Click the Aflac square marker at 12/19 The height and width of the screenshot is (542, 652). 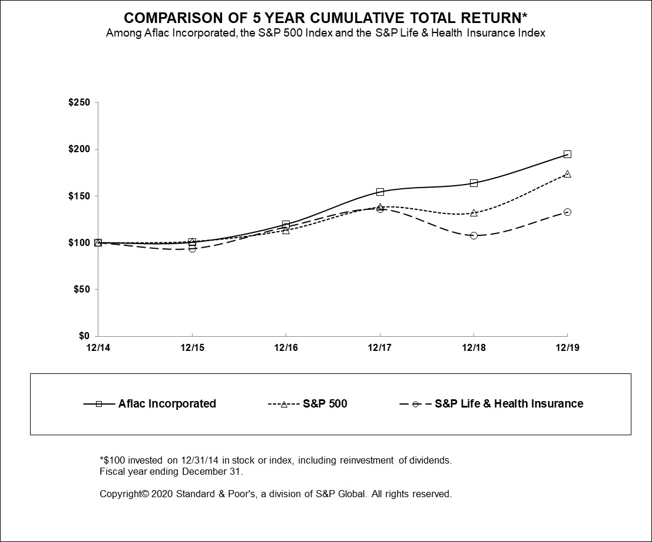pos(567,155)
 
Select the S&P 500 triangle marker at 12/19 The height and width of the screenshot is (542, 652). pos(567,174)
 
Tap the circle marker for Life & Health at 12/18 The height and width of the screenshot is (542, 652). pos(474,235)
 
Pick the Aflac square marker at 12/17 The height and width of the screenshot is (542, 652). pos(380,192)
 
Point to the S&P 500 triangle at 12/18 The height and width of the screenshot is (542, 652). pos(474,212)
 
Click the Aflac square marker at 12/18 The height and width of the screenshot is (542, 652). pos(474,183)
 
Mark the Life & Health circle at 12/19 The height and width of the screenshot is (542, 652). pos(567,212)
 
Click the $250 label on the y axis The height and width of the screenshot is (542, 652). pos(79,103)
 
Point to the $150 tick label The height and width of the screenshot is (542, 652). pos(79,196)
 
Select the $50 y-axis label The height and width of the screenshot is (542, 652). pos(81,290)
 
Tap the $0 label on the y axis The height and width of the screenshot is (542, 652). pos(84,336)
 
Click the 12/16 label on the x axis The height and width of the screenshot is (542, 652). pos(286,348)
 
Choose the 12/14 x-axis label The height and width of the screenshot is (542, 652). pos(98,348)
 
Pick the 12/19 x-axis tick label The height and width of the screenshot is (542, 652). pos(567,348)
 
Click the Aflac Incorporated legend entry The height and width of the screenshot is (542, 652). pos(167,404)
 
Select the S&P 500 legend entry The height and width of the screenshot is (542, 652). pos(325,404)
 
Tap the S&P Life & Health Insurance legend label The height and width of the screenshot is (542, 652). pos(508,404)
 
